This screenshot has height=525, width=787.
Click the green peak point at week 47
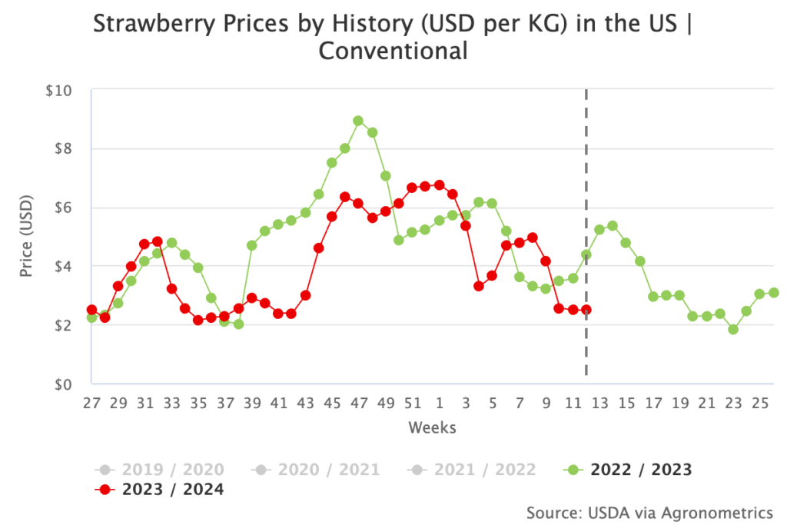[x=358, y=121]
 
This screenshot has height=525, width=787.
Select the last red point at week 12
[x=586, y=310]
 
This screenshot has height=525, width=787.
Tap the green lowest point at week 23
[x=733, y=329]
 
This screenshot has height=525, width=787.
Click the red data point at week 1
[x=439, y=184]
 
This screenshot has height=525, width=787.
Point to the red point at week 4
[x=479, y=286]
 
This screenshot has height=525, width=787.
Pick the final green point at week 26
[x=773, y=293]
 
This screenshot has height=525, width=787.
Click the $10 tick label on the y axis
[x=58, y=91]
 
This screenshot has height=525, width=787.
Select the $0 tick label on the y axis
[x=61, y=384]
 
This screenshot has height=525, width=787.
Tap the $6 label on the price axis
[x=61, y=208]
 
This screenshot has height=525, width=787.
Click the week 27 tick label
[x=91, y=402]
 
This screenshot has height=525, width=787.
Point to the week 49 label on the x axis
[x=386, y=402]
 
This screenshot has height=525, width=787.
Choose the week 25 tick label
[x=759, y=402]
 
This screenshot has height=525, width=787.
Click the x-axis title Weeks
[x=432, y=427]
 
